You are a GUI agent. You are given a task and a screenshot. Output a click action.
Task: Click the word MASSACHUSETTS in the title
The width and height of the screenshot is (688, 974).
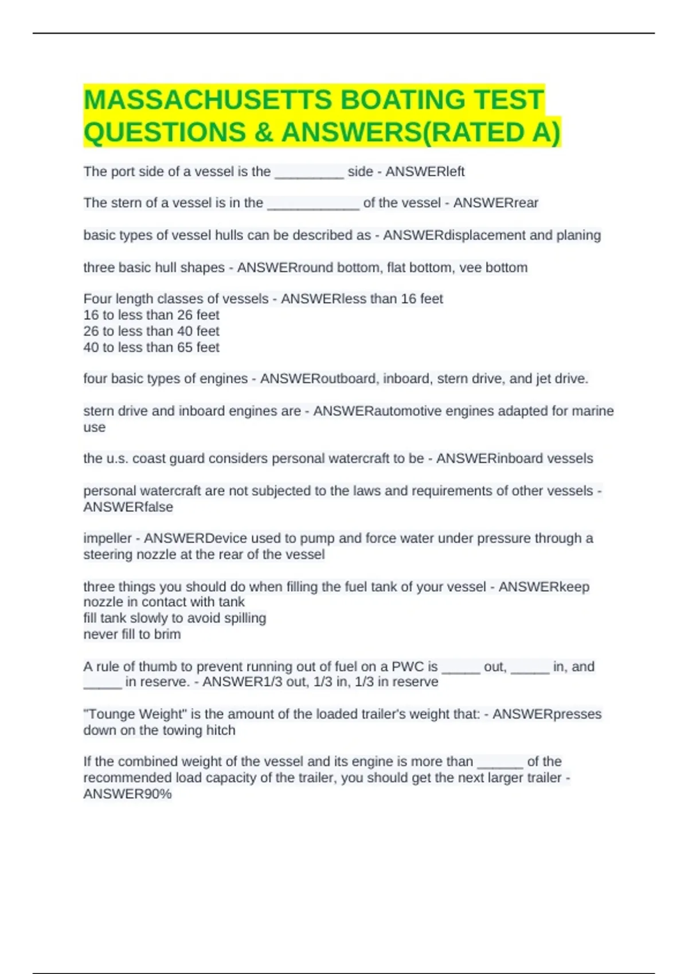208,100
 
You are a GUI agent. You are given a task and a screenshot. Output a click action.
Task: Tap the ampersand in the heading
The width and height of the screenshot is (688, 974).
263,132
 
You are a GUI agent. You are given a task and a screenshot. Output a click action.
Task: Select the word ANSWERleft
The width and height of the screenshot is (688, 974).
425,172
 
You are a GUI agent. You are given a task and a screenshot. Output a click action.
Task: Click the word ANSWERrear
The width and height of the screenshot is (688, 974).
495,203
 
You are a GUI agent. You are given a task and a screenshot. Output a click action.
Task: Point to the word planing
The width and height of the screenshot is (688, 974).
578,235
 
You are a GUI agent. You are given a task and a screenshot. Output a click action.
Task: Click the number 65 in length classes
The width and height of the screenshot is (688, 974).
182,347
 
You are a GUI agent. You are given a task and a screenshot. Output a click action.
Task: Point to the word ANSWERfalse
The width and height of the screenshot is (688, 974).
128,507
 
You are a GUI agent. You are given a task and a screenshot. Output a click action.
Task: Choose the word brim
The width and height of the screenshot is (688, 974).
167,634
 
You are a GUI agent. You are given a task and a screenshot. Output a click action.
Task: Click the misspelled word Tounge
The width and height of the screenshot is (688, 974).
109,714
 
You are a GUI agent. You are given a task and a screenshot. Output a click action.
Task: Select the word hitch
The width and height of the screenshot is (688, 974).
221,731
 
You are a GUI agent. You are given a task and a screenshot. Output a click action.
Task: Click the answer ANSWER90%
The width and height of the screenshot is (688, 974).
127,794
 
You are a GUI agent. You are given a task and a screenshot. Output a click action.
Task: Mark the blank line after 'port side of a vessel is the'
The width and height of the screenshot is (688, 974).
309,173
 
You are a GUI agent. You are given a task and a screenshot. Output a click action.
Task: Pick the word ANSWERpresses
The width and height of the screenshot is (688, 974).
547,714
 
